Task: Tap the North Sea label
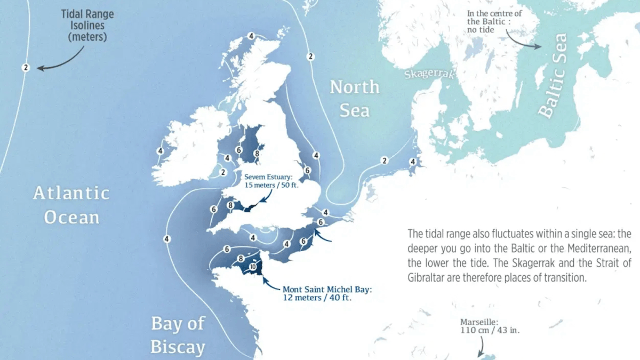(355, 98)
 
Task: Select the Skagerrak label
(429, 74)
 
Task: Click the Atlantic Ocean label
(71, 205)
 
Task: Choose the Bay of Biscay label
(178, 335)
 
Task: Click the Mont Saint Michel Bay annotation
(327, 293)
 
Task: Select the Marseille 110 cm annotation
(490, 326)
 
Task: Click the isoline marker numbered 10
(253, 267)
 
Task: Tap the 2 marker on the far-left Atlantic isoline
(25, 67)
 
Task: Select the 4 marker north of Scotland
(251, 36)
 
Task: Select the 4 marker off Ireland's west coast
(160, 151)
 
